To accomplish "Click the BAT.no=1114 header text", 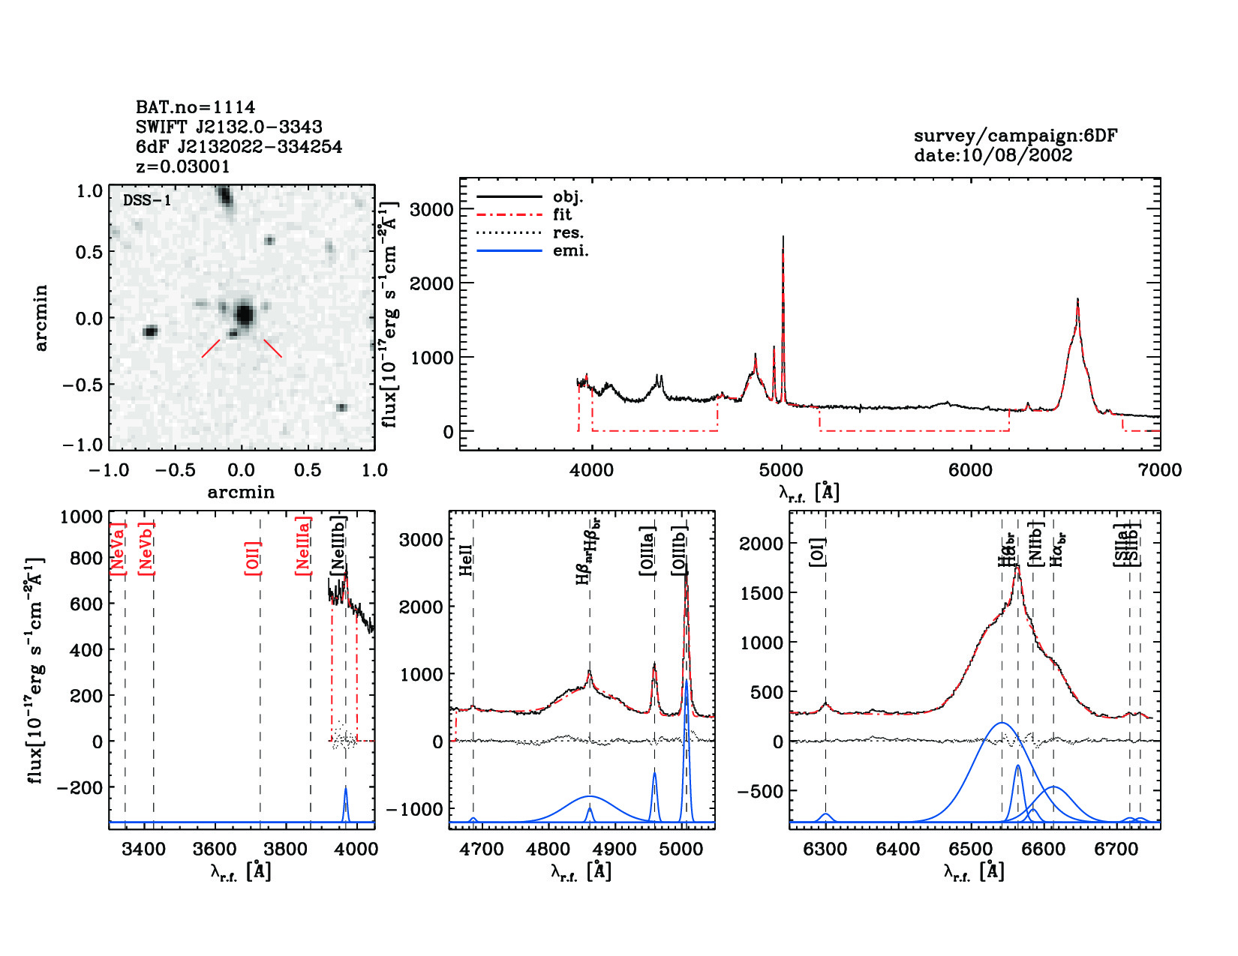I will pos(195,107).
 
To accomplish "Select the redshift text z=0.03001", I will pos(183,166).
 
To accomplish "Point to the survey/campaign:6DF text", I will pos(1015,136).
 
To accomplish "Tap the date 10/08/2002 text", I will pos(993,155).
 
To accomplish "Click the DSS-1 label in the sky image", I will pos(147,201).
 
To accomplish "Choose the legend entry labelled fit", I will pos(562,214).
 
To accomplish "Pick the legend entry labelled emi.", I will pos(570,251).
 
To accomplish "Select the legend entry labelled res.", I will pos(568,233).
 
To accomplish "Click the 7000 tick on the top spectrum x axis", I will pos(1159,471).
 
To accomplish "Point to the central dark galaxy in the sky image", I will pos(244,314).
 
